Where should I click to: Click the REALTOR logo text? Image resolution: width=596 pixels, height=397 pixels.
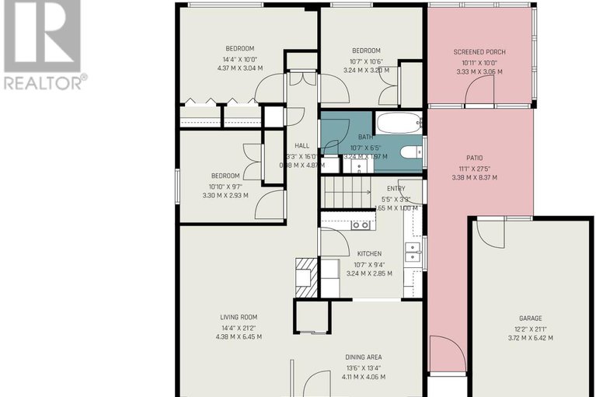tap(44, 81)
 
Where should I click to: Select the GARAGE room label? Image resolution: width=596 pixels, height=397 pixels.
tap(531, 318)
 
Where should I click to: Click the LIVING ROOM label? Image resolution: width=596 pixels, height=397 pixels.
tap(238, 317)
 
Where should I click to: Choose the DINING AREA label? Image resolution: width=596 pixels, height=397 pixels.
tap(364, 357)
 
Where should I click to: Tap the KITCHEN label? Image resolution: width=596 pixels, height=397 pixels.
tap(369, 254)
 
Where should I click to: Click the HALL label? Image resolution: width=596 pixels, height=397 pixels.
tap(301, 145)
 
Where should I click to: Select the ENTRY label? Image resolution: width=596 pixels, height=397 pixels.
tap(396, 188)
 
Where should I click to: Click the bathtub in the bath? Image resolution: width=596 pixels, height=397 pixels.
tap(399, 122)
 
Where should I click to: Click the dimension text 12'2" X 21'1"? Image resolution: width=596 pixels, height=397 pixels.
tap(531, 329)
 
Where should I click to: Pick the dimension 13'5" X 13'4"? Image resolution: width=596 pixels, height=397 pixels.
tap(364, 367)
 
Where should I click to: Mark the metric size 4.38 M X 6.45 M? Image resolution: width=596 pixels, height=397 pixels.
tap(238, 337)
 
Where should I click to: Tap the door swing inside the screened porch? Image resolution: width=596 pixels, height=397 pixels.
tap(479, 92)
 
